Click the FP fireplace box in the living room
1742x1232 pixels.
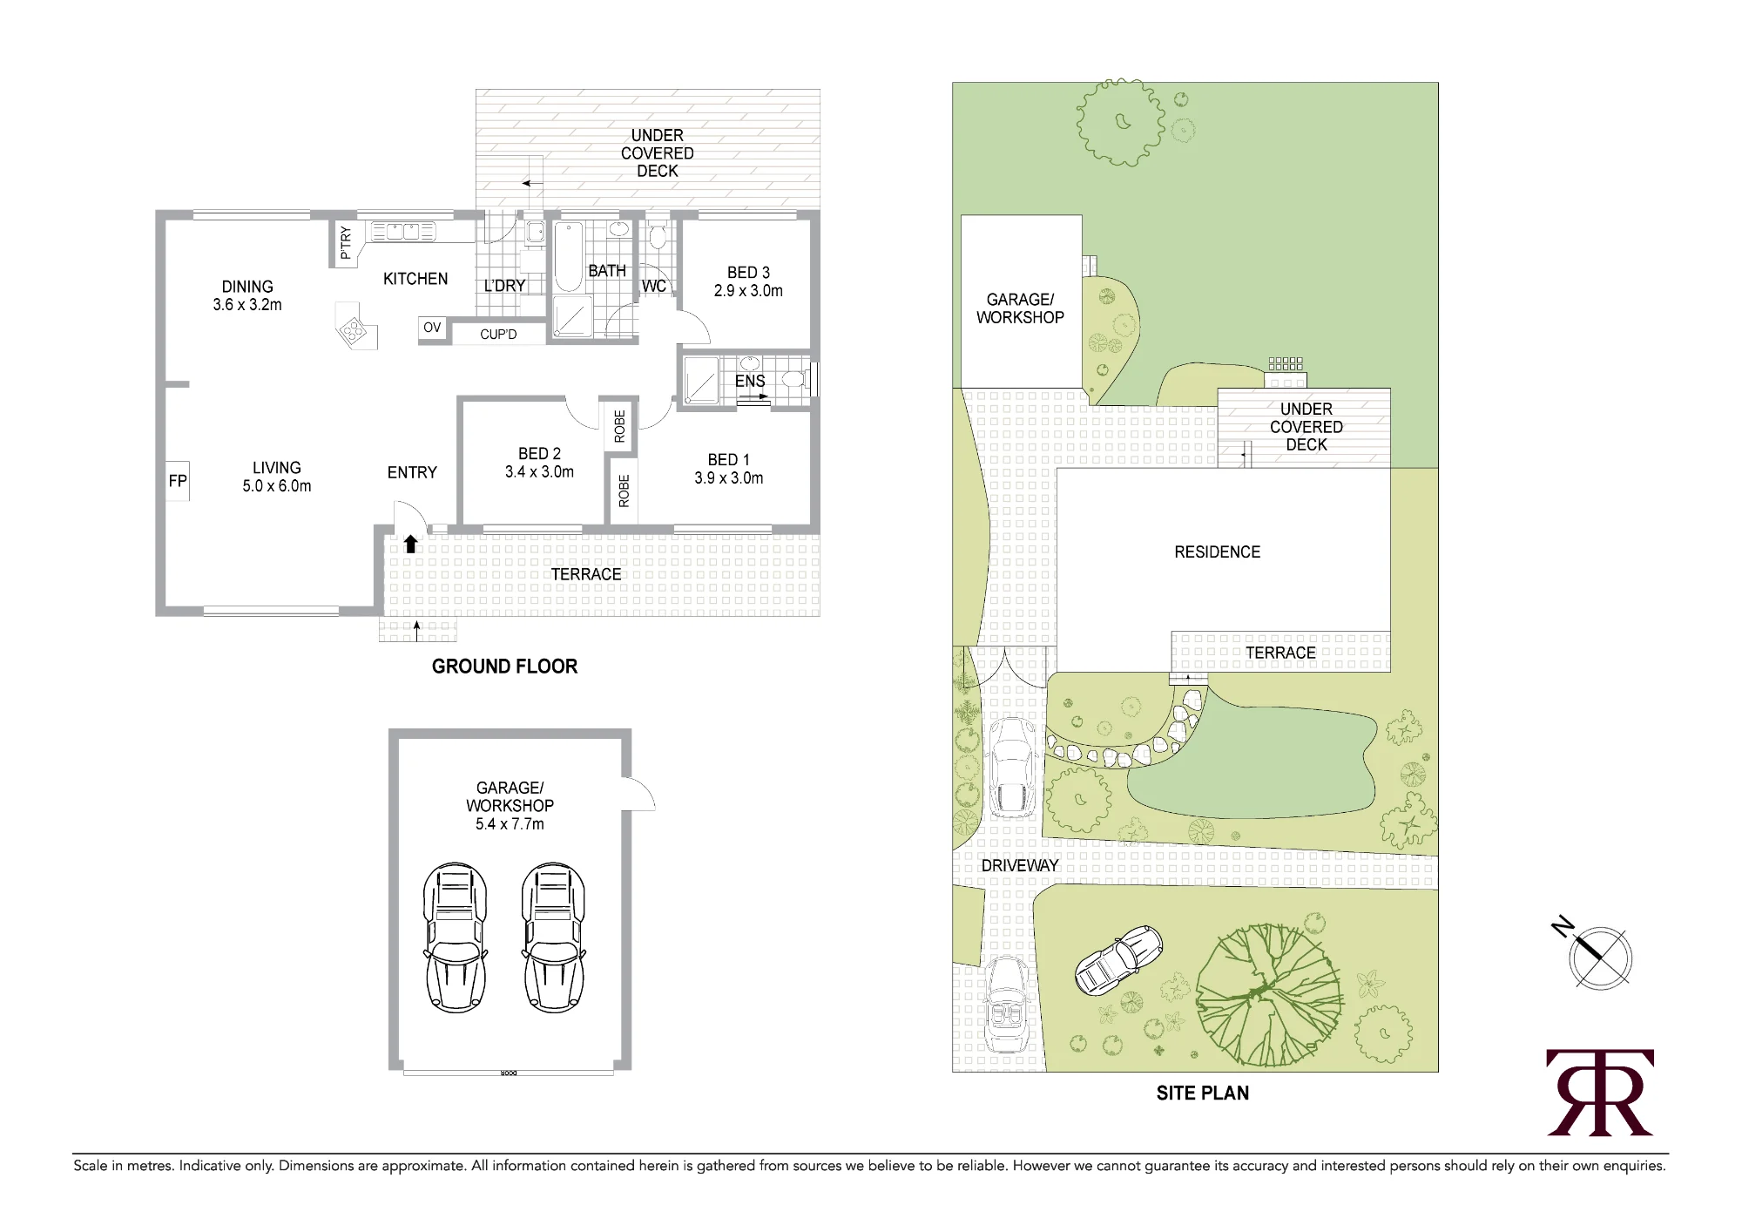(x=178, y=481)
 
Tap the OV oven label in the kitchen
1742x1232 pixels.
(x=432, y=328)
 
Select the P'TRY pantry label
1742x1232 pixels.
(x=346, y=243)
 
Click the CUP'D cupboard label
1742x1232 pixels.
(x=498, y=334)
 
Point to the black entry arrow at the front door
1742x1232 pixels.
(x=411, y=544)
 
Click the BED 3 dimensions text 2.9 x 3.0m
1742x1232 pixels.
(x=748, y=291)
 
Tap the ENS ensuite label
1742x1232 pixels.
(x=750, y=382)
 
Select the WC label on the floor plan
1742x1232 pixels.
(x=654, y=286)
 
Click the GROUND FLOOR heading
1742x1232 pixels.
(x=504, y=667)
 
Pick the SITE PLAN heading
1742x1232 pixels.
(x=1203, y=1093)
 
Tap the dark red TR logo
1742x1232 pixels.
(x=1600, y=1093)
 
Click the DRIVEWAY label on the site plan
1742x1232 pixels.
(x=1020, y=865)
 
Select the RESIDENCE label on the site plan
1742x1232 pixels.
(x=1218, y=552)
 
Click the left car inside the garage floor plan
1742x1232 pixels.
(x=455, y=938)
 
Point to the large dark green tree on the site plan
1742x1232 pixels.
(x=1269, y=996)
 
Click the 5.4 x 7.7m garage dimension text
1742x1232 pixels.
(x=510, y=824)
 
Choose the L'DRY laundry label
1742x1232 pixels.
(x=504, y=286)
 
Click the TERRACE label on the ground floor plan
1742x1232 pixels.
(x=586, y=574)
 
